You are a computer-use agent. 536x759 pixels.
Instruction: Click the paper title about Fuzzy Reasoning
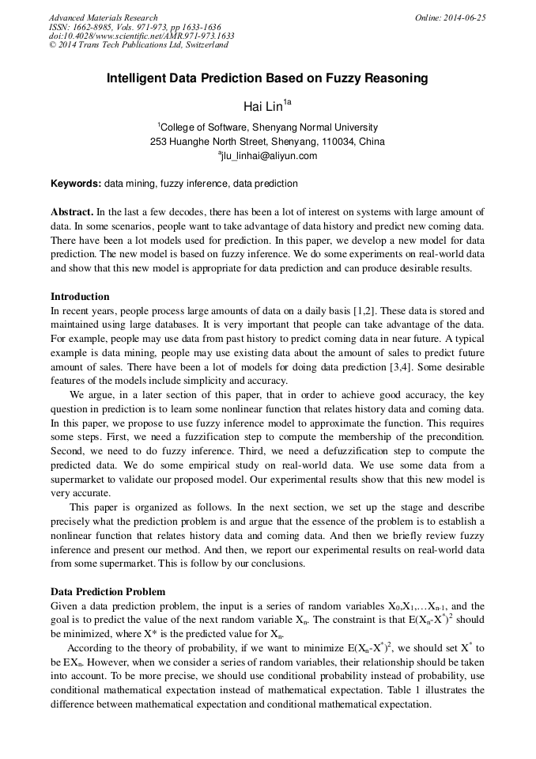(267, 78)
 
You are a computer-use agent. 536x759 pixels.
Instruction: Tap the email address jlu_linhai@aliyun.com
(268, 156)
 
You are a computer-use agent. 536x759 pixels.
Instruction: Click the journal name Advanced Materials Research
(103, 17)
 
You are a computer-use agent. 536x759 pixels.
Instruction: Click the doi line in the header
(141, 36)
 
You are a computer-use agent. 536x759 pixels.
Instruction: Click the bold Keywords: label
(76, 184)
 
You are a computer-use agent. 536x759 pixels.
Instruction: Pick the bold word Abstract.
(72, 212)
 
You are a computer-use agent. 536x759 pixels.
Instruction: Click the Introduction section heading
(80, 297)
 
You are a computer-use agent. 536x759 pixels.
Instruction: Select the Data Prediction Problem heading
(108, 592)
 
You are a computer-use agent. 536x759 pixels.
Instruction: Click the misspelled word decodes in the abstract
(198, 212)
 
